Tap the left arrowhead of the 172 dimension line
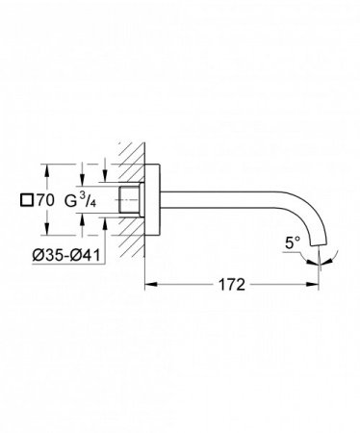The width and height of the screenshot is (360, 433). (x=149, y=285)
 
